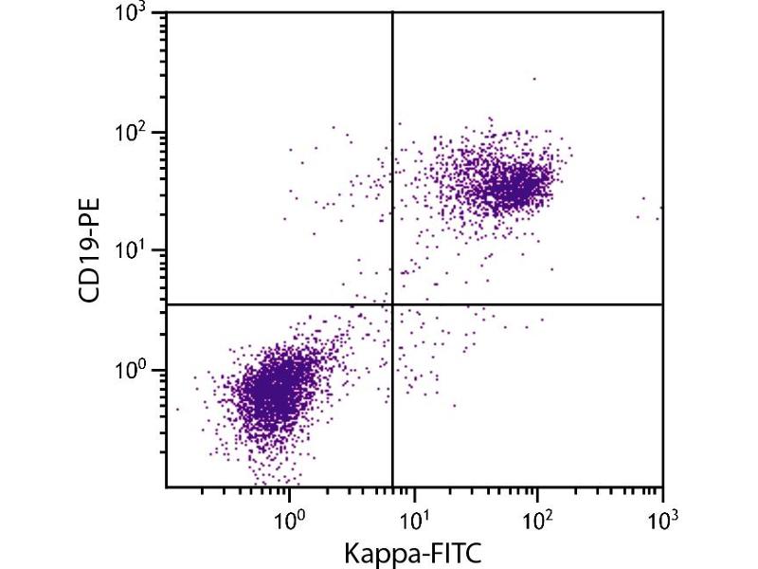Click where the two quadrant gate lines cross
click(392, 304)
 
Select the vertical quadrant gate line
click(392, 142)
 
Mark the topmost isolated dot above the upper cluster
click(533, 79)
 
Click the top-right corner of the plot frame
click(662, 12)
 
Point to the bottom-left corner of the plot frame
click(166, 488)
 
